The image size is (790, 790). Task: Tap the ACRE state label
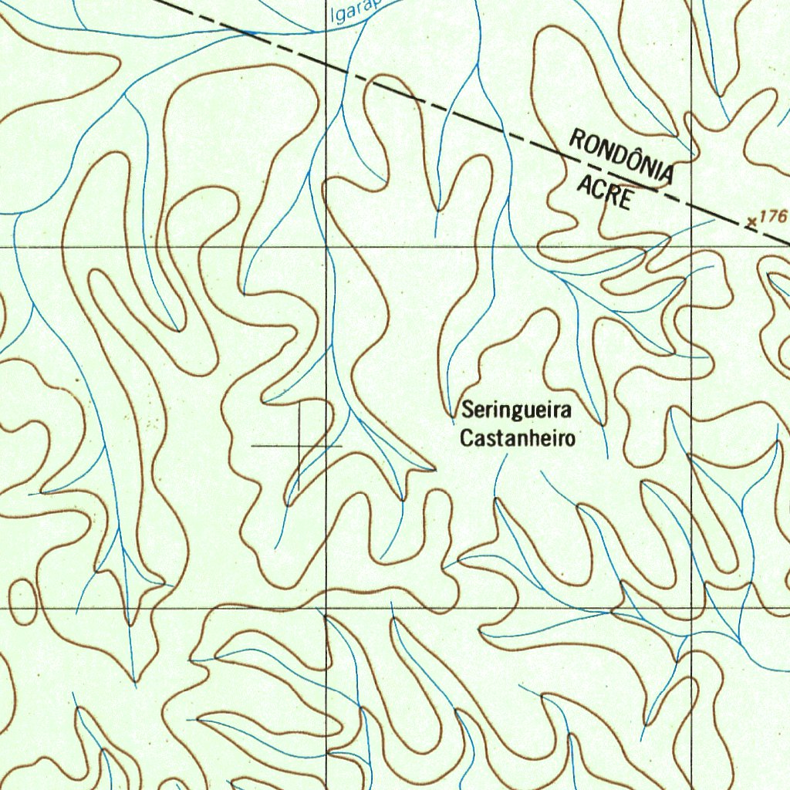pos(606,191)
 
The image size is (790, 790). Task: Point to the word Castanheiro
pos(518,439)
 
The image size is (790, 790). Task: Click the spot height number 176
pos(772,216)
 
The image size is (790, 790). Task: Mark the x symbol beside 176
pos(752,222)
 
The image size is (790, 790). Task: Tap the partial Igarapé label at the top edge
pos(350,12)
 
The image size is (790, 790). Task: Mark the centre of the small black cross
pos(299,446)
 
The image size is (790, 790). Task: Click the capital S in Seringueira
pos(467,409)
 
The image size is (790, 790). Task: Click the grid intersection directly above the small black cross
pos(326,248)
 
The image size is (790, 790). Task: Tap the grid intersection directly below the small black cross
pos(326,608)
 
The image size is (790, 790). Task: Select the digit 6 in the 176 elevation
pos(781,216)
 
